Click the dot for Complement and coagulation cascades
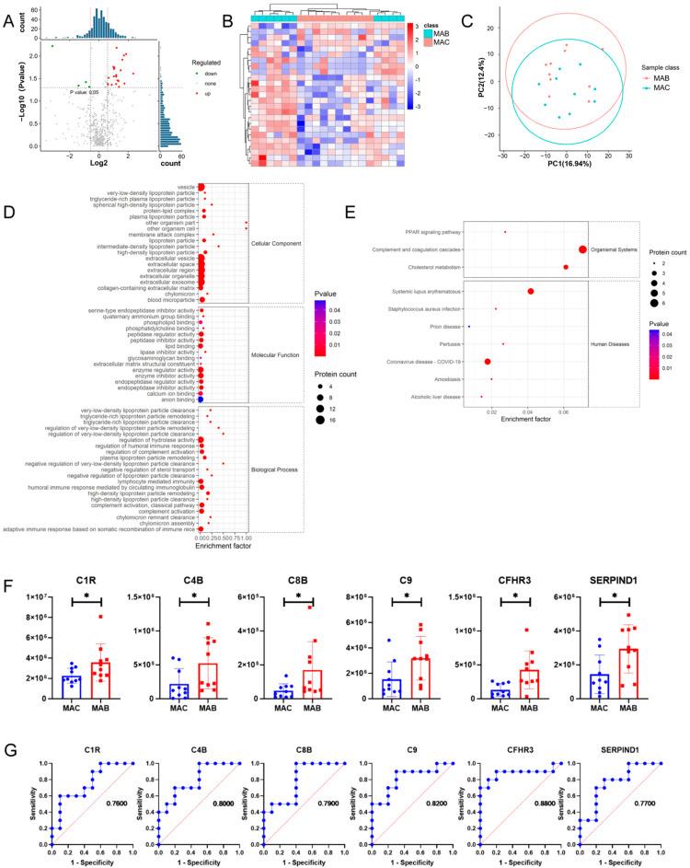pos(582,249)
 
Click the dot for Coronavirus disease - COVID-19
pos(487,362)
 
